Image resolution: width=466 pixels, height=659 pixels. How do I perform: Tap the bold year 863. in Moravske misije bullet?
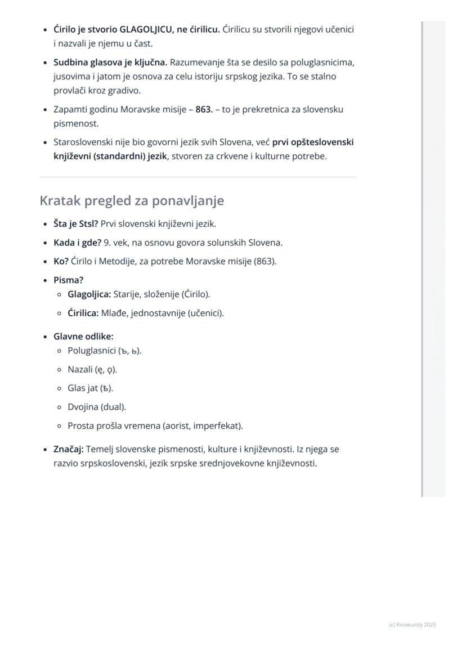coord(204,109)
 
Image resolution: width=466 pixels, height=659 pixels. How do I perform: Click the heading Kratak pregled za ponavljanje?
coord(132,200)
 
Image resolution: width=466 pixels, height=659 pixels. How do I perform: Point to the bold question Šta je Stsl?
coord(75,224)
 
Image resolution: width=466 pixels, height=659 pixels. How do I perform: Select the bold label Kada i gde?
coord(77,243)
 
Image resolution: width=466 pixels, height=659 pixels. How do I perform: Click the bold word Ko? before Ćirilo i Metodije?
coord(61,261)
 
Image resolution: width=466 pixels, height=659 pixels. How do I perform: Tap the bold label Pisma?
coord(68,280)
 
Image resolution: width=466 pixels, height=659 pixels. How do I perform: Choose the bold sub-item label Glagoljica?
coord(89,294)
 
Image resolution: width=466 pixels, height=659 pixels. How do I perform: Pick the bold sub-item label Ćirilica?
coord(83,313)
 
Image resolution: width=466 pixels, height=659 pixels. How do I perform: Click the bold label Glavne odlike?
coord(83,337)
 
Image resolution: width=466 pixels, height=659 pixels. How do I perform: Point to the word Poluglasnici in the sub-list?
coord(91,351)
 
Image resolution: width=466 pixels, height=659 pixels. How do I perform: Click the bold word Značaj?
coord(69,449)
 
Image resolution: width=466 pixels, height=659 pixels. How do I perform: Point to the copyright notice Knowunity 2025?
coord(413,625)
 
